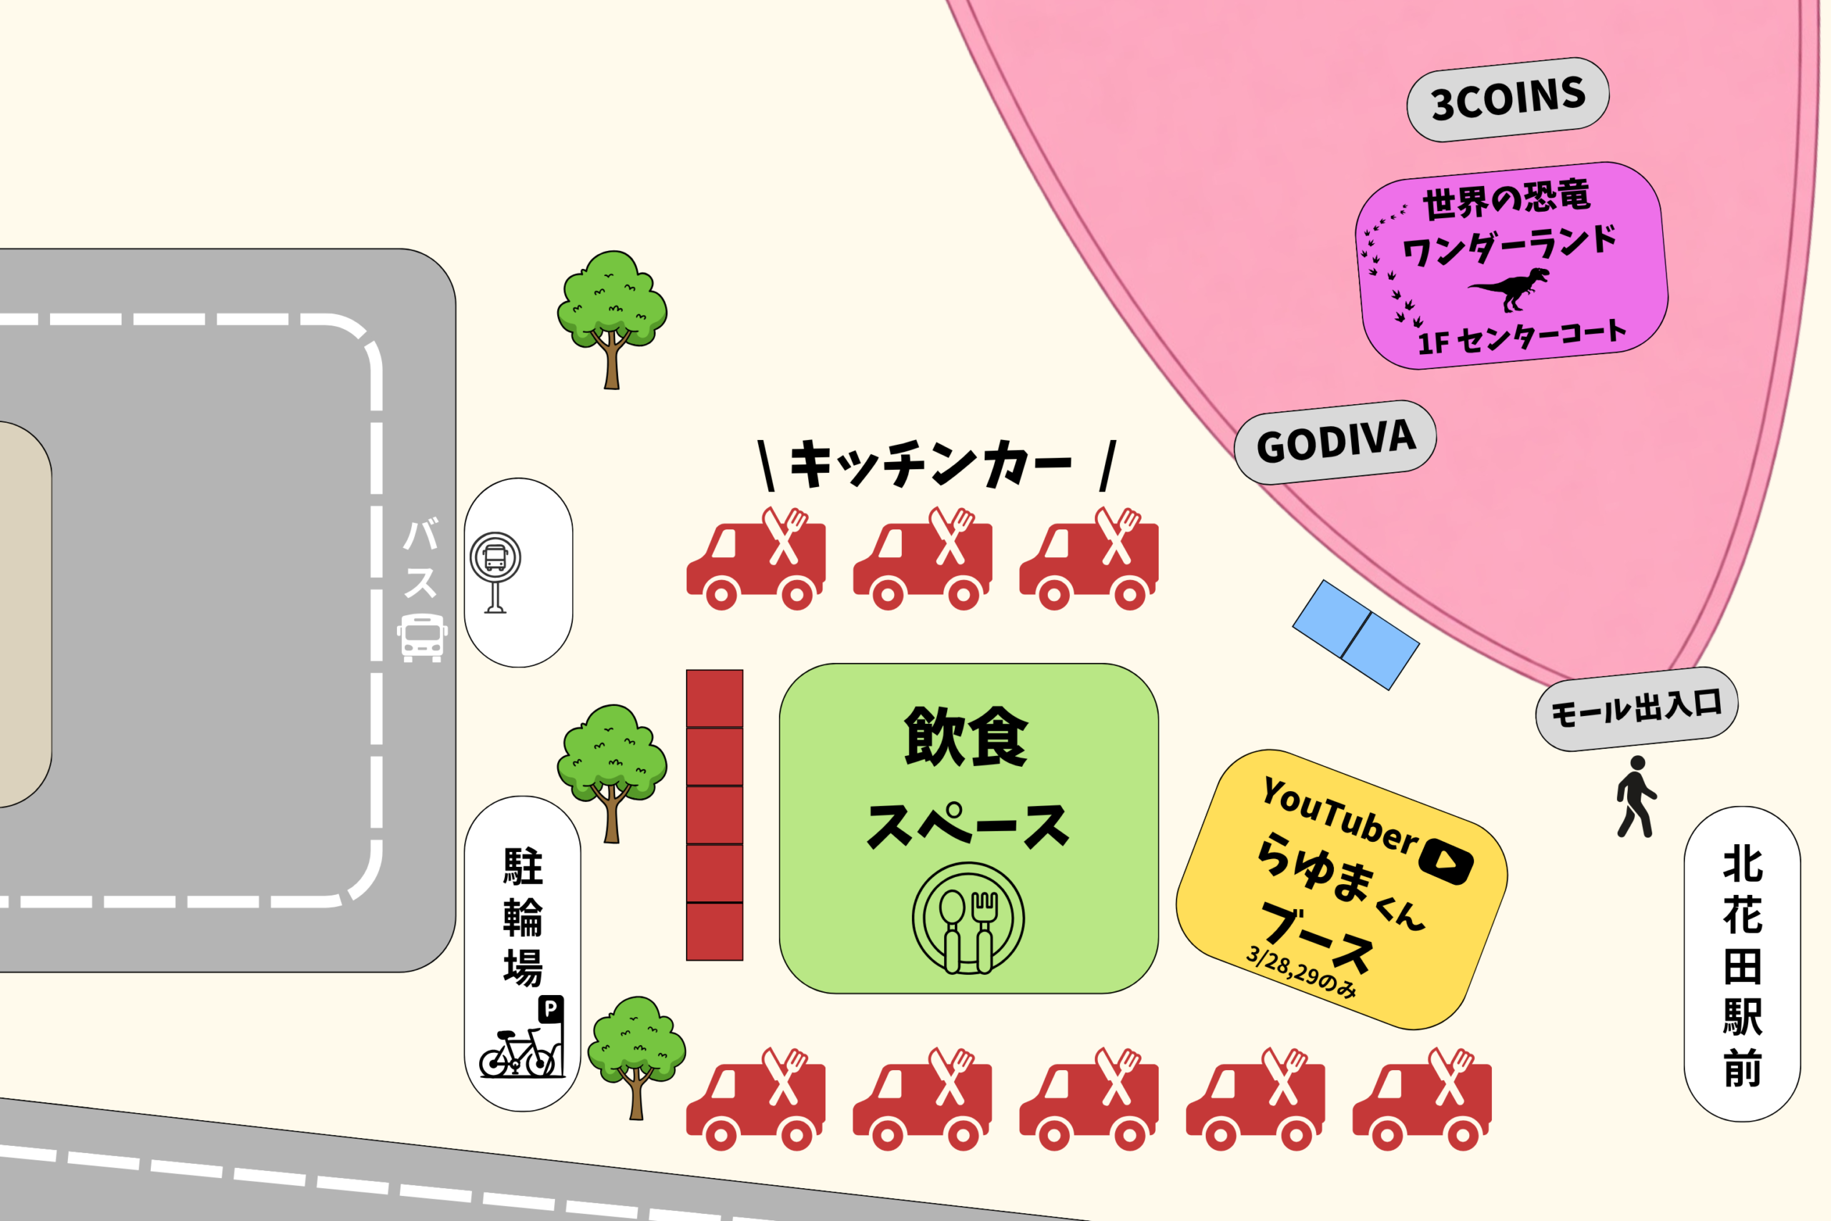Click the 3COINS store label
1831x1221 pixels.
tap(1508, 99)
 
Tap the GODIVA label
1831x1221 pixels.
tap(1335, 442)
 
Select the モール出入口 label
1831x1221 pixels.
tap(1636, 709)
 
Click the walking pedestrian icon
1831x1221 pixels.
tap(1636, 797)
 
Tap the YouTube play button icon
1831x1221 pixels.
tap(1445, 861)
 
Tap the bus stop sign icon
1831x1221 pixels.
tap(495, 572)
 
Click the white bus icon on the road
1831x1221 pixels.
tap(422, 637)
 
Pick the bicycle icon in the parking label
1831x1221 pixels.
tap(516, 1054)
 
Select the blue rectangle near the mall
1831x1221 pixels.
tap(1355, 634)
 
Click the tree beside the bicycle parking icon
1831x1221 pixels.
tap(636, 1055)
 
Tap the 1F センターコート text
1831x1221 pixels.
tap(1521, 338)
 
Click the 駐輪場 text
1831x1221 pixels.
tap(522, 916)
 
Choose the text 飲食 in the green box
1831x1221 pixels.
tap(966, 736)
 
